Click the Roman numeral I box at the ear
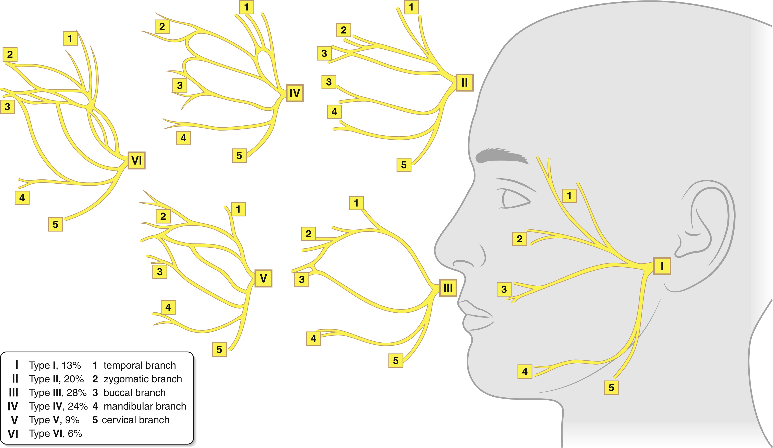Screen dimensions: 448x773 (662, 266)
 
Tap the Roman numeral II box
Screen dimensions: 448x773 (464, 82)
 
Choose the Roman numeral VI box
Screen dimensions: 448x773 (136, 160)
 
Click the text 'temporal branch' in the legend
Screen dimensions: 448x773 (140, 365)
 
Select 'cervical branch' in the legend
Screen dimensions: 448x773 (135, 420)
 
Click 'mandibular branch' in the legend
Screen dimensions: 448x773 (145, 406)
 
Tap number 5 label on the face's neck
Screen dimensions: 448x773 (611, 388)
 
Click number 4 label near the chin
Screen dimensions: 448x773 (525, 371)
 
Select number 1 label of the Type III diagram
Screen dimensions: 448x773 (356, 203)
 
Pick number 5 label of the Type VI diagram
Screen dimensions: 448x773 (55, 224)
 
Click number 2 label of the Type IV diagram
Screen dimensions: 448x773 (162, 27)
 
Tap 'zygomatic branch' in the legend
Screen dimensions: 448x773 (143, 379)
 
